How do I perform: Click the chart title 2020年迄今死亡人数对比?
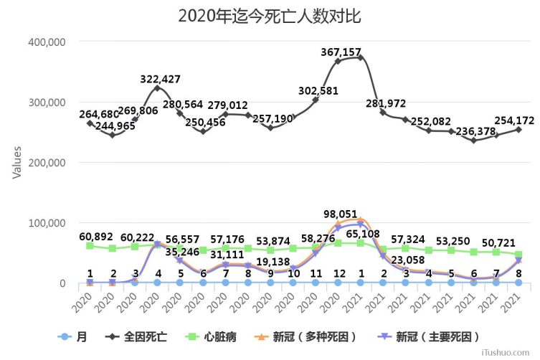coord(270,15)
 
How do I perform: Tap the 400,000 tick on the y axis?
coord(47,42)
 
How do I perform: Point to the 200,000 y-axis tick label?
coord(47,163)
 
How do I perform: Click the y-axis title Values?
coord(16,162)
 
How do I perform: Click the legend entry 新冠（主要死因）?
coord(427,336)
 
